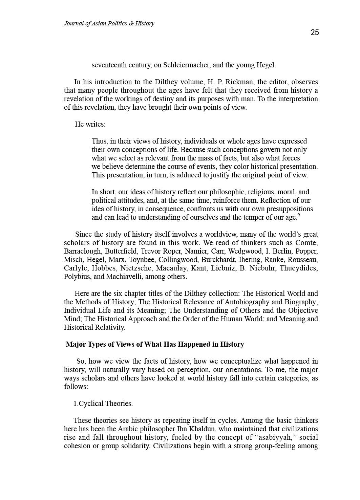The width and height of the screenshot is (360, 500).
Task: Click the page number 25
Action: click(x=315, y=32)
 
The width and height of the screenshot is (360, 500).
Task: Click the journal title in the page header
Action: click(x=109, y=23)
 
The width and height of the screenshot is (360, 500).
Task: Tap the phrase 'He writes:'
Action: click(x=90, y=124)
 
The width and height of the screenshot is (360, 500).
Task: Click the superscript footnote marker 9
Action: click(x=298, y=215)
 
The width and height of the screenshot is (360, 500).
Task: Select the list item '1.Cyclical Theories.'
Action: click(x=103, y=404)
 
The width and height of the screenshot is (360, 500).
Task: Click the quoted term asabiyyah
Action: click(x=275, y=437)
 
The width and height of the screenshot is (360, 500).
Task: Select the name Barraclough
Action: click(x=82, y=251)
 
